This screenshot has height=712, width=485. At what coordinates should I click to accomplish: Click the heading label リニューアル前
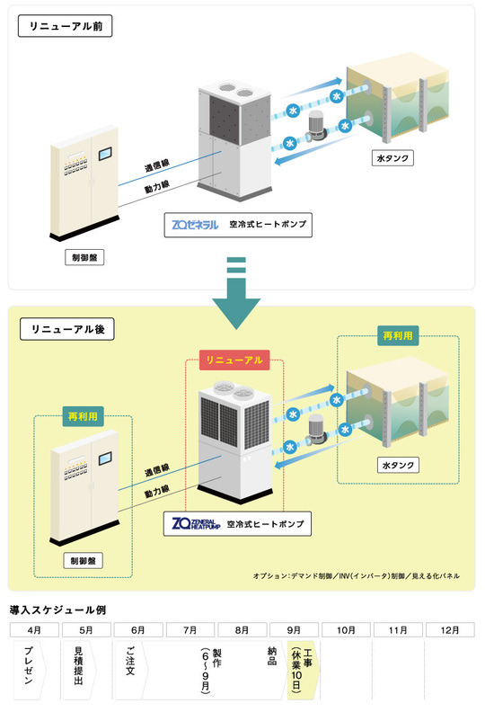click(x=65, y=26)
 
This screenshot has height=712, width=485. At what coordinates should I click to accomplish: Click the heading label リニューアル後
click(x=65, y=329)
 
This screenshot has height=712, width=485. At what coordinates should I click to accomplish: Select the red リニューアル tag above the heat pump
click(x=234, y=360)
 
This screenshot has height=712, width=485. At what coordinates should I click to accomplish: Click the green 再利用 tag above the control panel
click(x=80, y=417)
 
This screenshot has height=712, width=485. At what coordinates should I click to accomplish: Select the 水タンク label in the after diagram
click(x=396, y=467)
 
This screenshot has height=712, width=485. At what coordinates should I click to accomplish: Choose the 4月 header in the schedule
click(x=34, y=629)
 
